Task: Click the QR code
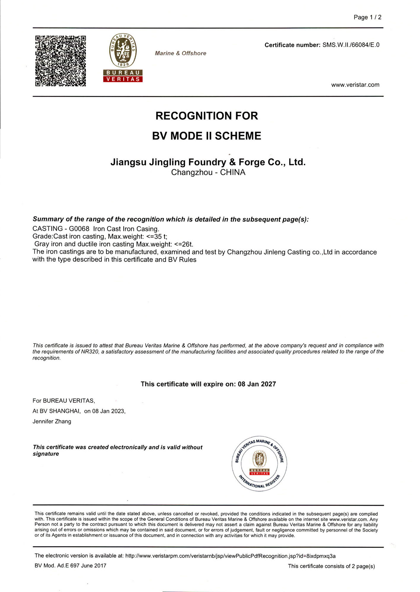click(x=60, y=61)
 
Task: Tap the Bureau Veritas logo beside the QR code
click(x=123, y=58)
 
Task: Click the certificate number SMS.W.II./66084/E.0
click(x=351, y=45)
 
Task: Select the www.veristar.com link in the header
click(x=355, y=85)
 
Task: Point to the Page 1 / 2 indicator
click(x=367, y=17)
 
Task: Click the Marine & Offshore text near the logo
click(x=180, y=53)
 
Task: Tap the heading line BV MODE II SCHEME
click(x=206, y=136)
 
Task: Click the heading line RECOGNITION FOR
click(x=206, y=116)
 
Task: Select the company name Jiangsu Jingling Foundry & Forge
click(x=208, y=162)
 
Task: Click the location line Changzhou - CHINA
click(x=208, y=172)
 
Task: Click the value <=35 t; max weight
click(x=157, y=237)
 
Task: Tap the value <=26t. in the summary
click(x=184, y=244)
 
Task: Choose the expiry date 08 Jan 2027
click(x=257, y=384)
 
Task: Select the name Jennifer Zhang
click(x=52, y=421)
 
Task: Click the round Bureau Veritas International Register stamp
click(x=259, y=464)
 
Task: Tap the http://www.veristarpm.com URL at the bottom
click(x=230, y=556)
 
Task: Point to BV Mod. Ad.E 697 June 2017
click(x=70, y=566)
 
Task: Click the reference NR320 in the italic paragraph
click(x=90, y=352)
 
